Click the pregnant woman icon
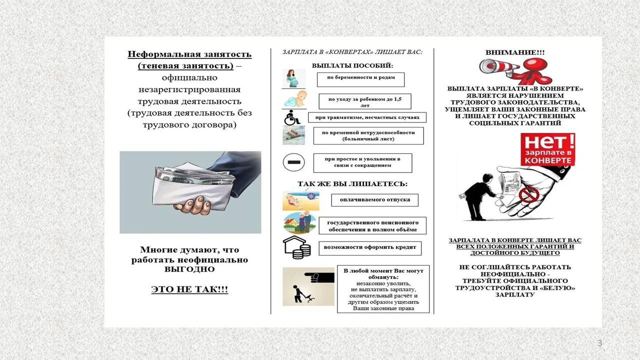293,78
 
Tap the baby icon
294,99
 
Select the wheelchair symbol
292,118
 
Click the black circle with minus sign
293,162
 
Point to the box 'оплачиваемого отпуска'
374,200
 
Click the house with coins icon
294,248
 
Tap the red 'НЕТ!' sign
547,149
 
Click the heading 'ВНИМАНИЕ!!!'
515,52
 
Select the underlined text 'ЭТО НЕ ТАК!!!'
189,289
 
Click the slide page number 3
599,343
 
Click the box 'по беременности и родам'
360,78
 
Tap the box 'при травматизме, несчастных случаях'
367,118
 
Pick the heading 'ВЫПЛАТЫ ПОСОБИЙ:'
352,65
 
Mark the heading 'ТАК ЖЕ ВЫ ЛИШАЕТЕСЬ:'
352,184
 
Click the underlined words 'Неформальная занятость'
189,54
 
